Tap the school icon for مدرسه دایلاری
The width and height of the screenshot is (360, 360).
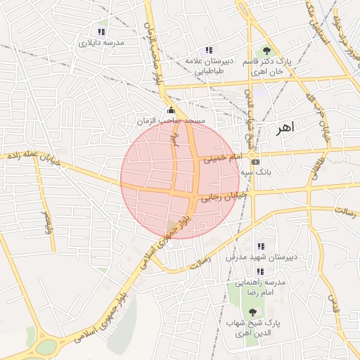point(102,32)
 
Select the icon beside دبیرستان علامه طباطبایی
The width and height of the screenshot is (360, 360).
point(208,50)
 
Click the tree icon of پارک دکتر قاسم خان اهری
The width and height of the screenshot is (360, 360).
point(266,51)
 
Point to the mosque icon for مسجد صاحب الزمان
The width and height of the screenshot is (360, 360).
point(171,110)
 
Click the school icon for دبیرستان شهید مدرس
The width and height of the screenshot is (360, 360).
point(262,246)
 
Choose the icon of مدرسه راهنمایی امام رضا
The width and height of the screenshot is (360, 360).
point(260,271)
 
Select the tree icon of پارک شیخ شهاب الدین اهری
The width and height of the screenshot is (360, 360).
point(252,311)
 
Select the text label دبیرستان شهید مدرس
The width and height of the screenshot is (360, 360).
point(262,257)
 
